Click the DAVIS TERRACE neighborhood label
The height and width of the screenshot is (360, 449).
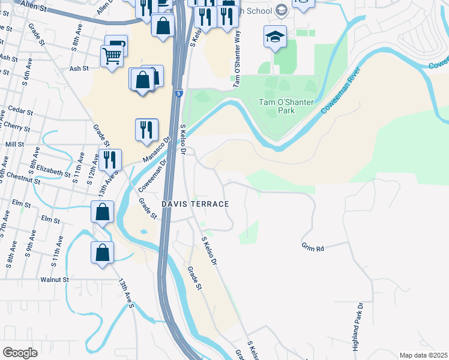(x=194, y=204)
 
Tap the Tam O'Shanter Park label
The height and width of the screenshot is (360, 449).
(x=286, y=106)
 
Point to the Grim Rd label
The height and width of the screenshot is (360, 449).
(x=313, y=248)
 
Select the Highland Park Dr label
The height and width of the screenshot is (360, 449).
(x=358, y=327)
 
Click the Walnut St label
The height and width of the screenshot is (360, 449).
(x=52, y=280)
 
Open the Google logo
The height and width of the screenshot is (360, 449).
(x=20, y=353)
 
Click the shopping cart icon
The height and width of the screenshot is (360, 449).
(x=112, y=58)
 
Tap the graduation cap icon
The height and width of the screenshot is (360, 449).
(x=275, y=37)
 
